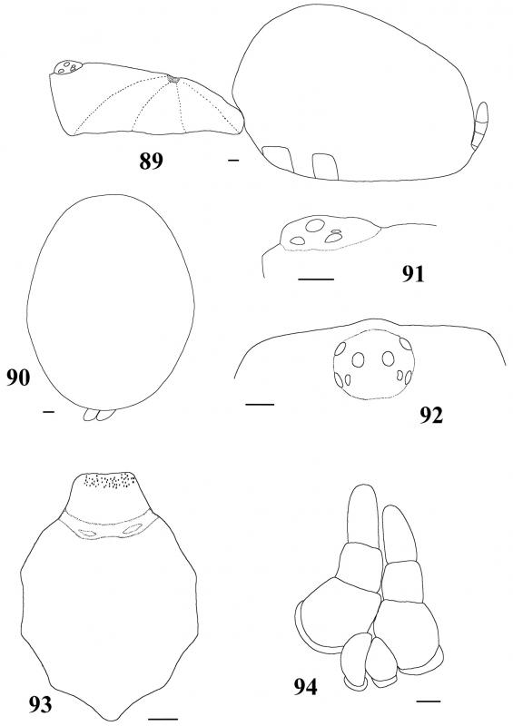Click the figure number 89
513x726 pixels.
point(151,162)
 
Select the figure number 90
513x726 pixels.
point(18,378)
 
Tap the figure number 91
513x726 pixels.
point(412,274)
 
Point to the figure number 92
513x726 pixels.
point(431,416)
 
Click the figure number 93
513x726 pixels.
point(39,705)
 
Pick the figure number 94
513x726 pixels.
point(305,687)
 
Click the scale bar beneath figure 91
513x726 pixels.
point(316,280)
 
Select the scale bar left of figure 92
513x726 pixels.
point(260,405)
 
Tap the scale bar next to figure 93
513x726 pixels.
point(163,719)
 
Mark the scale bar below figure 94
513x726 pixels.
point(428,701)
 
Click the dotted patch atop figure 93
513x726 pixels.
point(109,481)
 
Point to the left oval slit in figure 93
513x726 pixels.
point(87,533)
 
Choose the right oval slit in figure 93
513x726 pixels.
point(133,528)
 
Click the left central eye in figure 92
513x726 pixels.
point(358,359)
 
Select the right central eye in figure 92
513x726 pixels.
point(388,358)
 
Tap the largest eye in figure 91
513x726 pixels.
point(315,225)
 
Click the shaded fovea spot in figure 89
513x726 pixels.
point(173,80)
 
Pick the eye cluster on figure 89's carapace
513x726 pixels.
point(68,67)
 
